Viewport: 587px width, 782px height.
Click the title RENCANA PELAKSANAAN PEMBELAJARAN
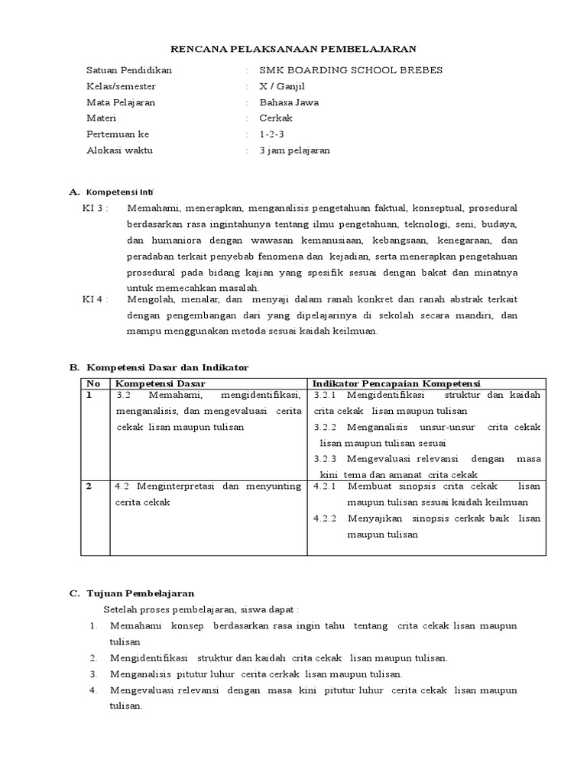293,49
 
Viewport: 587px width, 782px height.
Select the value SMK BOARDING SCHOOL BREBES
351,70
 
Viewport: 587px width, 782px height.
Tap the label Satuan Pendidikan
129,70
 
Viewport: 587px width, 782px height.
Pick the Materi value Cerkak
276,118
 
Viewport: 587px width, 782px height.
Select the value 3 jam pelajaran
294,150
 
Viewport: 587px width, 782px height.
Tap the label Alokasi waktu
120,150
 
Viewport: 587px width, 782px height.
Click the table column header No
93,383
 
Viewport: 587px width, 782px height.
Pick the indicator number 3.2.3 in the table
326,459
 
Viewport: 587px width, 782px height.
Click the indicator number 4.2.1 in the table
326,486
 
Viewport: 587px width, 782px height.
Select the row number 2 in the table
89,486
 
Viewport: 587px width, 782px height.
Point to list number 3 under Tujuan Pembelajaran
93,674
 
